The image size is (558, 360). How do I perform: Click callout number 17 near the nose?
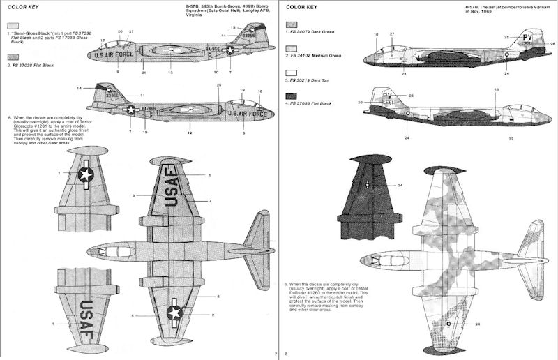click(x=103, y=40)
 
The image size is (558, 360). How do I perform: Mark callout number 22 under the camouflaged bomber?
click(x=511, y=140)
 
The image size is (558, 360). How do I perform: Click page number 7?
click(x=276, y=354)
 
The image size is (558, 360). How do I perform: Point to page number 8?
click(x=285, y=354)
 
